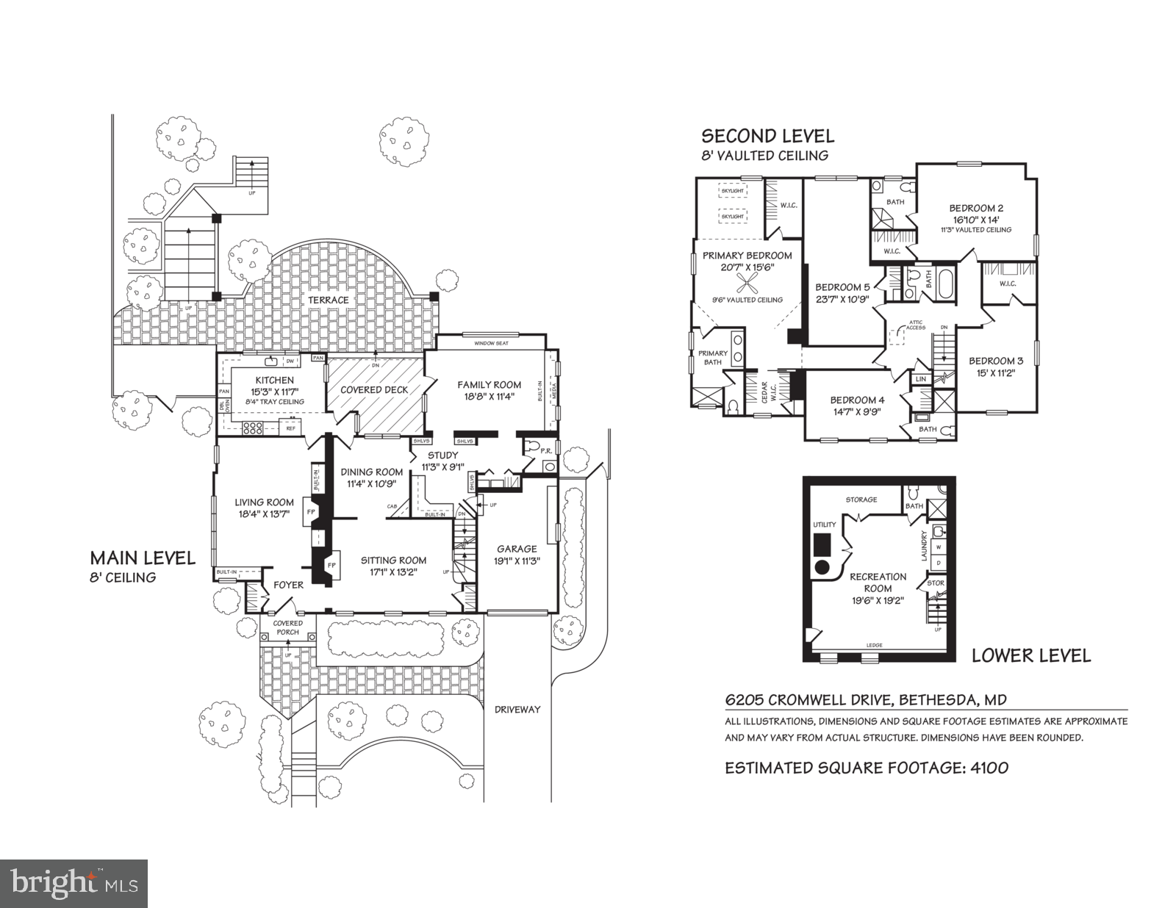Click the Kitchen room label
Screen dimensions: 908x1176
(276, 380)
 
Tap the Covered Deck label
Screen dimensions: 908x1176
(374, 389)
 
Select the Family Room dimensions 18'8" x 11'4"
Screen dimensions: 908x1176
(490, 396)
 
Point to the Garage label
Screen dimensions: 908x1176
(517, 548)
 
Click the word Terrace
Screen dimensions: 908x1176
(328, 300)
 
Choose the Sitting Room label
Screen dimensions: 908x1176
(393, 561)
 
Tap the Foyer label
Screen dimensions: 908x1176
(288, 585)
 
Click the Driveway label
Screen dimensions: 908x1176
(517, 709)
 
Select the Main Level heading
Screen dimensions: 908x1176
(143, 558)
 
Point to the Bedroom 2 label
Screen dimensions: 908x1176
(975, 208)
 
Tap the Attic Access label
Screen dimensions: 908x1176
(916, 325)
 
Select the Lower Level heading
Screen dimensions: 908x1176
(1031, 655)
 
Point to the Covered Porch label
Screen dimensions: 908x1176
(288, 627)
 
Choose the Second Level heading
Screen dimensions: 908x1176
(767, 136)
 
